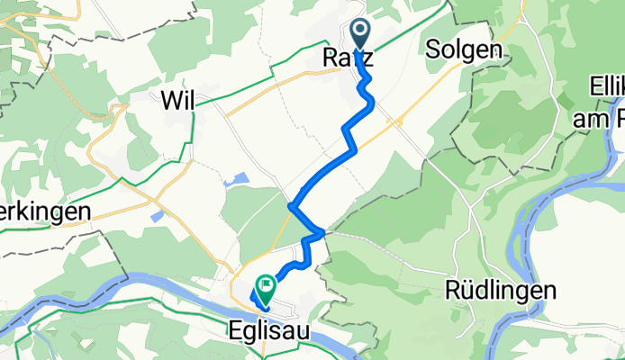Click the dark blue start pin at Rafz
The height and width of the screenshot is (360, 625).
(359, 34)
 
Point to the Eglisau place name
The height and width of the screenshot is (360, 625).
(267, 331)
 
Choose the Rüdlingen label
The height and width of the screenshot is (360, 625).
(501, 290)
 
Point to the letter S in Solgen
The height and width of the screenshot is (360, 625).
(432, 50)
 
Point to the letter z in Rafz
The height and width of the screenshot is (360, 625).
(367, 58)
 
